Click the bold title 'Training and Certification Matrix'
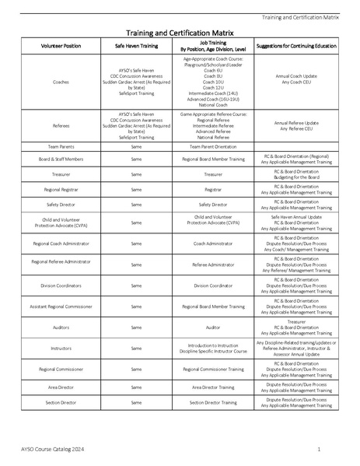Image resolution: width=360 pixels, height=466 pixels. [180, 33]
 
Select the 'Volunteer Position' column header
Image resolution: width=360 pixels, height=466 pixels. [60, 46]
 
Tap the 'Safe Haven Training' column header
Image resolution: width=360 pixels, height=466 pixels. [136, 46]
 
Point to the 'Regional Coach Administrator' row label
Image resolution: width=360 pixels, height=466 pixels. [60, 244]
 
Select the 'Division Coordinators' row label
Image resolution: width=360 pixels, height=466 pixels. [60, 286]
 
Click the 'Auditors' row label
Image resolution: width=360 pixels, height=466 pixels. [60, 328]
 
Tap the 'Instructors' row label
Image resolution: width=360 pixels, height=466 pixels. [60, 349]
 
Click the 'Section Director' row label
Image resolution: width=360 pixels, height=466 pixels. [60, 402]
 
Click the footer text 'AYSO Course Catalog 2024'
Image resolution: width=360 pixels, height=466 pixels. [51, 450]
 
